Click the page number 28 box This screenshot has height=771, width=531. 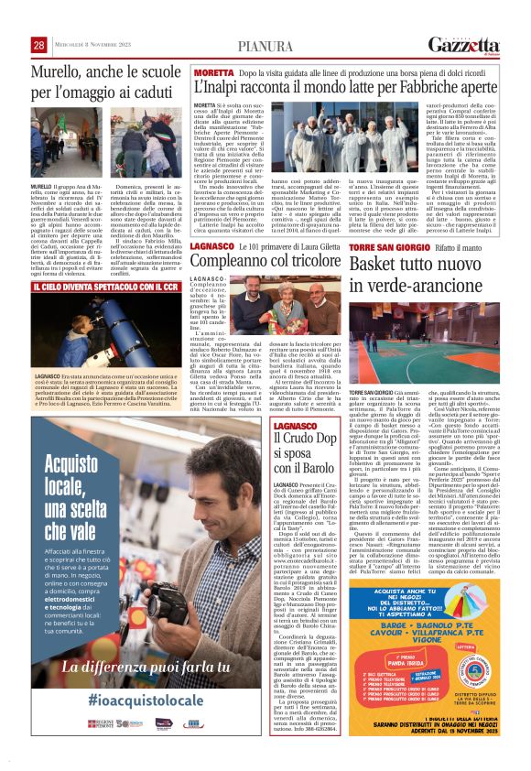(39, 45)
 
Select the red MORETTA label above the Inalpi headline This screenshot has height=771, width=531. (213, 71)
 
